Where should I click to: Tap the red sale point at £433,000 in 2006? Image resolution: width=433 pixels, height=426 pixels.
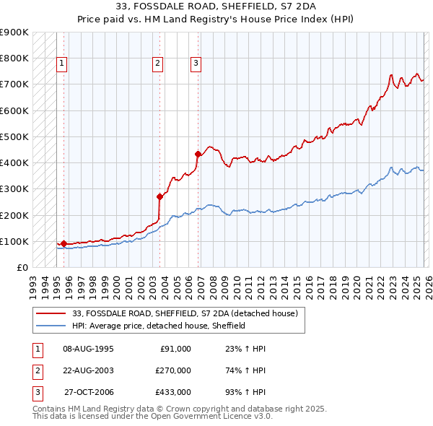coord(198,154)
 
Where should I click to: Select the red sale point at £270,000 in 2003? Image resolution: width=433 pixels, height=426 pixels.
coord(159,196)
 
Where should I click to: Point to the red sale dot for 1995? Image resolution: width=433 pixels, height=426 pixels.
coord(64,243)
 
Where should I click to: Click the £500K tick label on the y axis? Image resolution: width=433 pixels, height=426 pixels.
coord(14,136)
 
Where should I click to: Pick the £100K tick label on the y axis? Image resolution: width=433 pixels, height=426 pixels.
coord(14,241)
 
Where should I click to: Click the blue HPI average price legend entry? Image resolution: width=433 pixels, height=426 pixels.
coord(159,326)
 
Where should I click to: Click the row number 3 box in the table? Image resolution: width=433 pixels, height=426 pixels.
coord(37,392)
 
